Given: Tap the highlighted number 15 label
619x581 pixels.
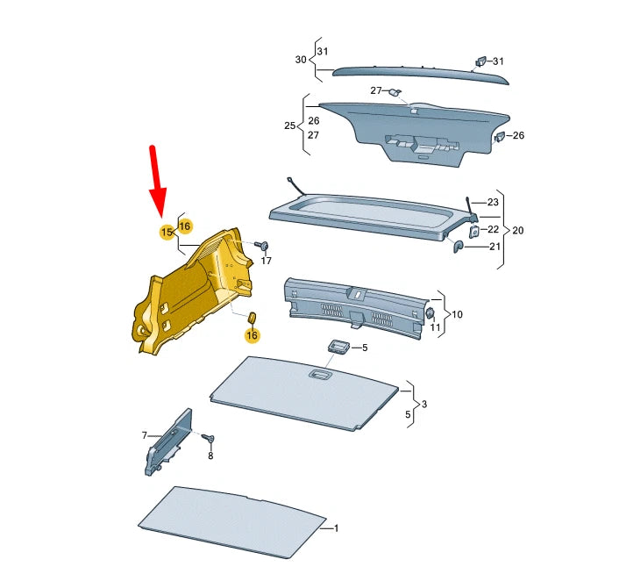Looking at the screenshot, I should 165,232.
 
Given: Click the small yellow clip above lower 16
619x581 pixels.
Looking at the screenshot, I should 250,317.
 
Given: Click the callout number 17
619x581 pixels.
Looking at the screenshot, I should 267,262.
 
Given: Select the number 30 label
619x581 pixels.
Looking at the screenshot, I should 300,60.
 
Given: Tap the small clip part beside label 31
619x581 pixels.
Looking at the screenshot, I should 480,61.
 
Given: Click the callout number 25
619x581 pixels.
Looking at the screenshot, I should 290,126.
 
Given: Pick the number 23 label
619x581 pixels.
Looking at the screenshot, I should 492,203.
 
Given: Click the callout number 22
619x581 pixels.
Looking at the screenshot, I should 492,229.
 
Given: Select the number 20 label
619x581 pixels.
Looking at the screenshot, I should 517,230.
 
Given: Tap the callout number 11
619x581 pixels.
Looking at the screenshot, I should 435,327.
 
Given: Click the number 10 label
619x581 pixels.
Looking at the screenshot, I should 457,313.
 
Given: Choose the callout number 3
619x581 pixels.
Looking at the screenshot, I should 424,405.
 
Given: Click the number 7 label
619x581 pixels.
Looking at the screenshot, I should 145,435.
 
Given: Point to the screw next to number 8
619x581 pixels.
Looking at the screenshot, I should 209,438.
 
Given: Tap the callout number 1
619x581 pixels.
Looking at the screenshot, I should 335,529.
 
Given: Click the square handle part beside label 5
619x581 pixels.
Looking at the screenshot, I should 339,346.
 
